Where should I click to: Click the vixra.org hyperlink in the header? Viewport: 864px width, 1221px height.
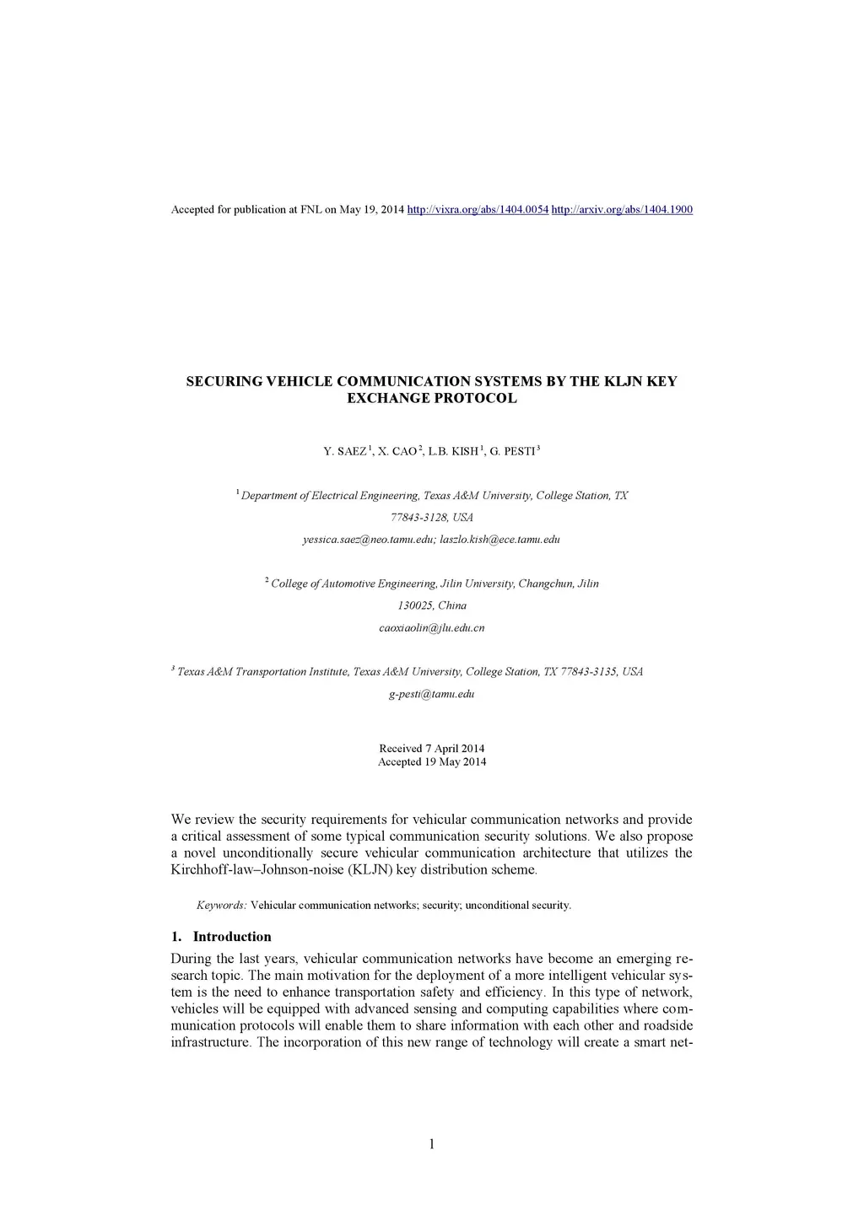(x=478, y=209)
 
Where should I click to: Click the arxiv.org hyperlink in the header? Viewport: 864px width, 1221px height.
(x=622, y=209)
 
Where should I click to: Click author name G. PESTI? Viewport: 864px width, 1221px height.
(x=512, y=452)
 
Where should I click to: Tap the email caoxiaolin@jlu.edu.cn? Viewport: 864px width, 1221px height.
(x=431, y=628)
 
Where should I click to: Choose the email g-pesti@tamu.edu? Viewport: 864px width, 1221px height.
(x=431, y=694)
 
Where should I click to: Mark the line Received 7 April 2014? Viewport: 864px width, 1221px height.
(x=431, y=749)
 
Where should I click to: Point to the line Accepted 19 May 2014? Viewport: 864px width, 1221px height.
(x=431, y=762)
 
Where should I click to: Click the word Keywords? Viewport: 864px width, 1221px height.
(x=221, y=906)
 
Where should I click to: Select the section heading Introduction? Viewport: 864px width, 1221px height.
(x=232, y=937)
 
